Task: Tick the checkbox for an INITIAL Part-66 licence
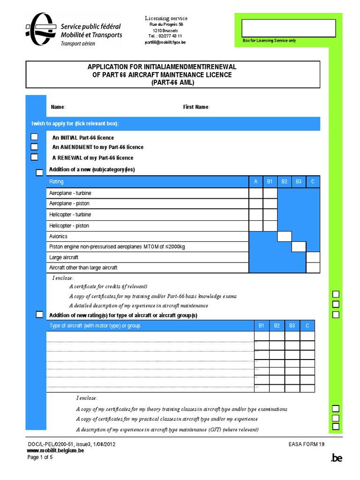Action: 34,137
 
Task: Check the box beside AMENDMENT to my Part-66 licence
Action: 34,147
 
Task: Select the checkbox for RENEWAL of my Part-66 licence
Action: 34,157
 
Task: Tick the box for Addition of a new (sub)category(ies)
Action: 39,173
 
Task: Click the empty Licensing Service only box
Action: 289,28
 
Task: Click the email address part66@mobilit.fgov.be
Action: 165,42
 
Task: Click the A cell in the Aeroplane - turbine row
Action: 256,193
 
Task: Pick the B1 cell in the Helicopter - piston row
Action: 270,225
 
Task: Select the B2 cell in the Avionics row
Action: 285,236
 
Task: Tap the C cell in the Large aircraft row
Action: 313,257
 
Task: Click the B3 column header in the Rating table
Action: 299,181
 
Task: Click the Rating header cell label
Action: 56,181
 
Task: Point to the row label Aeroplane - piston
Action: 69,203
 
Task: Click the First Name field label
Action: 196,107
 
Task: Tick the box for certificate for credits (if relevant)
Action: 336,294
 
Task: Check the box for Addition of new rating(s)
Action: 39,314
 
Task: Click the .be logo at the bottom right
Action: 337,458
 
